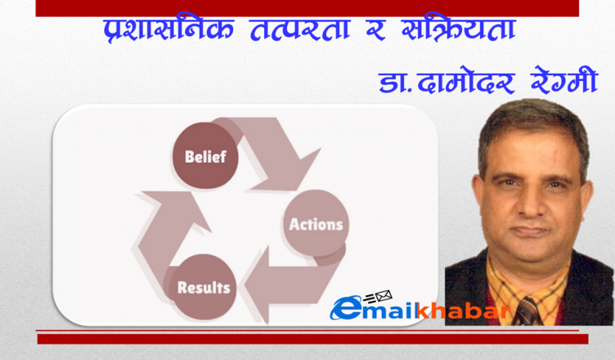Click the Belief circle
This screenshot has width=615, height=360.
coord(205,155)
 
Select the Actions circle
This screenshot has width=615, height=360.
coord(316,223)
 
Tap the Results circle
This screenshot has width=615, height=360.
coord(203,287)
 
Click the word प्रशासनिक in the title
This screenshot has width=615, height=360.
coord(168,29)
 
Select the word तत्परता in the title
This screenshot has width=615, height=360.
coord(300,29)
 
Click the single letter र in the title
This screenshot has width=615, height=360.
coord(375,31)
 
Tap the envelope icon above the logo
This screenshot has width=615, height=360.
coord(384,296)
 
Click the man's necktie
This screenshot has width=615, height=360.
coord(527,312)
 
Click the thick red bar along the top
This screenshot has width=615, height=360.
coord(307,8)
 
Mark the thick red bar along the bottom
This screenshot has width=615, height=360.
coord(312,340)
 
